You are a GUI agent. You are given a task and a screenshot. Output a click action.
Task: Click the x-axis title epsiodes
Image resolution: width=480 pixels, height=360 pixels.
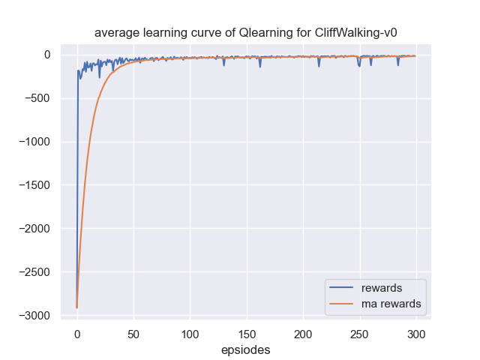245,349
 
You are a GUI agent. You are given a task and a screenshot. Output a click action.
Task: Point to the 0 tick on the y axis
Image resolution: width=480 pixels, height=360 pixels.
46,55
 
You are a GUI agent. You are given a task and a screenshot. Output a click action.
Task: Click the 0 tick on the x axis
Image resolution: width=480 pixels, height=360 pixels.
76,333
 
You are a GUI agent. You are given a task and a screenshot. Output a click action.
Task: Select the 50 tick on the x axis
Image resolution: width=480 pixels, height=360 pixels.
133,333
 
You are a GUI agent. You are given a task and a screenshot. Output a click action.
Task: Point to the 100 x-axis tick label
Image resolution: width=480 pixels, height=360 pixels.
190,333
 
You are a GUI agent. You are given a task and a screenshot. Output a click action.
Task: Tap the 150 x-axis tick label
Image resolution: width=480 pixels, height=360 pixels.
247,333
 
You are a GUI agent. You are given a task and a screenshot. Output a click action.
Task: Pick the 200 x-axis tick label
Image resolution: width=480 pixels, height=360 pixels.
303,333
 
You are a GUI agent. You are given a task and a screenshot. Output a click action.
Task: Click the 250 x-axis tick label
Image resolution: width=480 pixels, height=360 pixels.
360,333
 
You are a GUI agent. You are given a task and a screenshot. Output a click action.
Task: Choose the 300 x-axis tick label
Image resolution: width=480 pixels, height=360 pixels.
416,333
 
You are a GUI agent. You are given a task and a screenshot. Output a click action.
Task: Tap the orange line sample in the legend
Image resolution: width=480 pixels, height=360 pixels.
343,304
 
